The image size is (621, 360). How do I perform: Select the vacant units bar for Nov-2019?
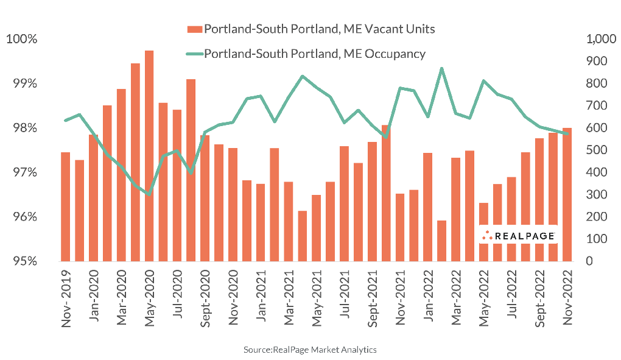click(x=66, y=206)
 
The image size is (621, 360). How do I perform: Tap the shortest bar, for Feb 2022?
click(x=441, y=241)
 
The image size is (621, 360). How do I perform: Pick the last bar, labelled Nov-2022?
click(x=567, y=194)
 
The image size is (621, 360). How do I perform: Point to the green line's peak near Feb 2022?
click(x=441, y=68)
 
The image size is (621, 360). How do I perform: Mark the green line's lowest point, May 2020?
click(x=149, y=194)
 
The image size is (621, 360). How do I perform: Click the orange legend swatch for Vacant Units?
click(x=194, y=29)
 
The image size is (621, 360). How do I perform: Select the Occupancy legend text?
click(x=314, y=54)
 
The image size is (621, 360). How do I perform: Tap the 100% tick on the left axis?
click(x=21, y=40)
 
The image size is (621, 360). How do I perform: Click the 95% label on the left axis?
click(x=23, y=261)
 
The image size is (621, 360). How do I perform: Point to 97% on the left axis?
click(x=23, y=173)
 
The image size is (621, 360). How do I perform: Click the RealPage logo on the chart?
click(x=518, y=235)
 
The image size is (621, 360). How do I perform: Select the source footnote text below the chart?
click(x=310, y=350)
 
